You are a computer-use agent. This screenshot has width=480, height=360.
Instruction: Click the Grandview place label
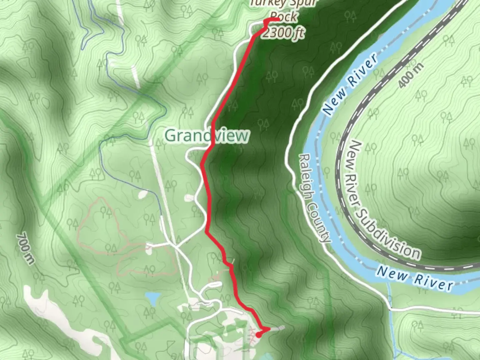pos(207,136)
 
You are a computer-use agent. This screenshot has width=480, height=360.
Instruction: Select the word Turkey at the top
pos(262,3)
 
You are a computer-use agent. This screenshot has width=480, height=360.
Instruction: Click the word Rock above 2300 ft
pos(284,16)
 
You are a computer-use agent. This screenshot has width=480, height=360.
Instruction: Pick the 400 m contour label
pos(411,75)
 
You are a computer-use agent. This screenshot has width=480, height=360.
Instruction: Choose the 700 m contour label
pos(25,249)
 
